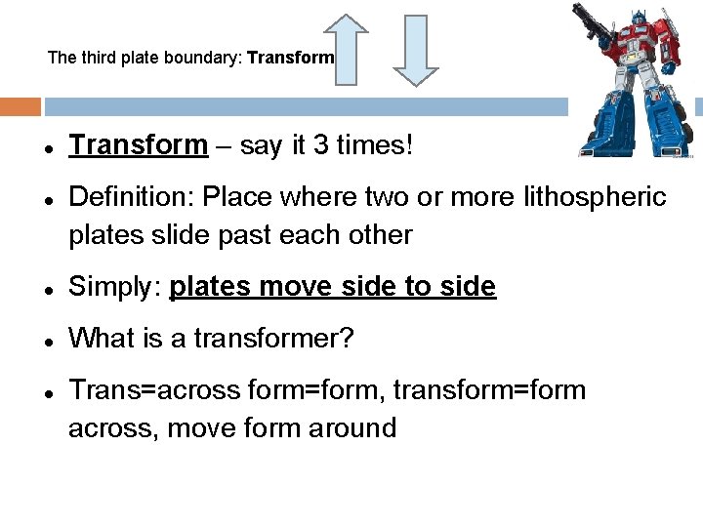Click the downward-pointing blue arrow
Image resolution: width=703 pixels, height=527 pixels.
(x=415, y=51)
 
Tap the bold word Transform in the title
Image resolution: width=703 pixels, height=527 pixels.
(x=291, y=58)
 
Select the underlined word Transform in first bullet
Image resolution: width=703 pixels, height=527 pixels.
(x=138, y=146)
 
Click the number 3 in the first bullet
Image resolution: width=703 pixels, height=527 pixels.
(x=315, y=146)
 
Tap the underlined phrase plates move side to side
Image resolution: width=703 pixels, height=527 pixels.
(x=333, y=287)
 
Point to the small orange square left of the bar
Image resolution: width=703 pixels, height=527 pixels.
(x=21, y=106)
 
